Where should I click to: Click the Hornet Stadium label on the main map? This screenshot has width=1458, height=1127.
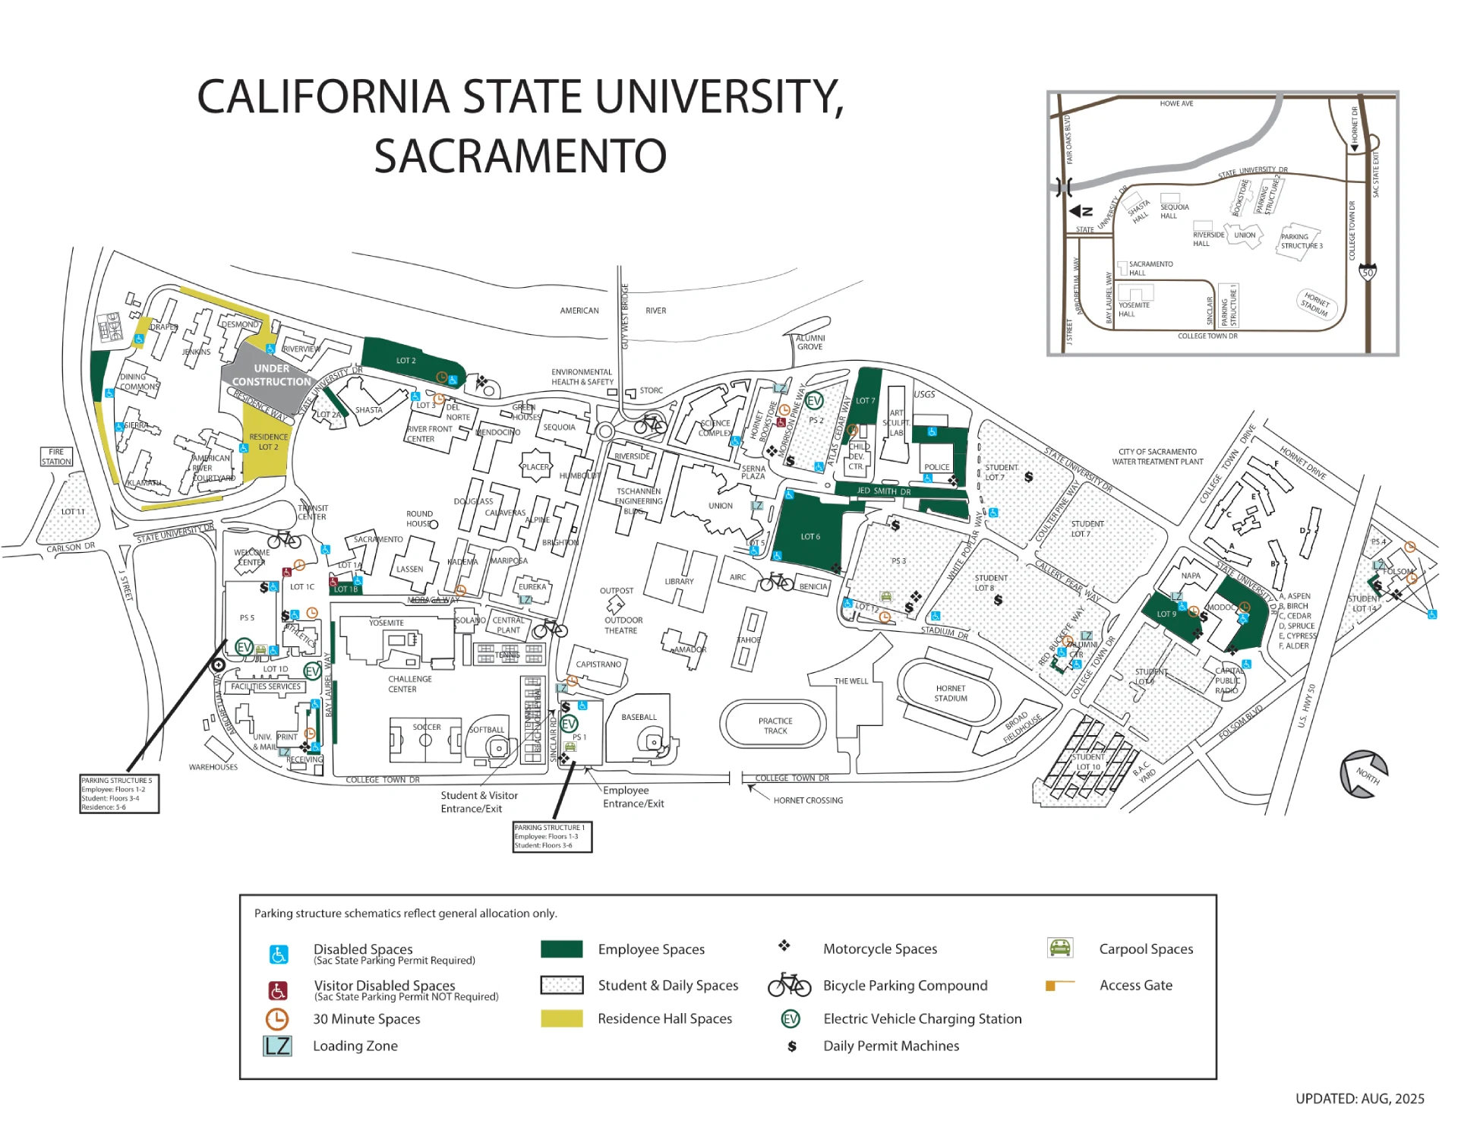coord(950,693)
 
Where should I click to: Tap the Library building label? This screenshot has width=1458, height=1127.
coord(679,582)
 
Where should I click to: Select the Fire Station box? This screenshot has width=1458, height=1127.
coord(56,456)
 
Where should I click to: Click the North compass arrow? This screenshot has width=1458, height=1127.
coord(1364,774)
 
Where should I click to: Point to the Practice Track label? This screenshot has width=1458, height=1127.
coord(775,726)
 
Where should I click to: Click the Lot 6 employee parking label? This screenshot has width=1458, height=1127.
coord(809,537)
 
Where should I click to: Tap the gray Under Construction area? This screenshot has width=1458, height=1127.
coord(270,375)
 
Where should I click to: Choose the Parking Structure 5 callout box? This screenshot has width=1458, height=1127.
coord(119,794)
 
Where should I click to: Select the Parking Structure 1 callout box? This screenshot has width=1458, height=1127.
coord(552,836)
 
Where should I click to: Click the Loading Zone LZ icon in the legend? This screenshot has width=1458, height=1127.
coord(277,1046)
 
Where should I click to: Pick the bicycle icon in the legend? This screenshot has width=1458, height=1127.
coord(789,985)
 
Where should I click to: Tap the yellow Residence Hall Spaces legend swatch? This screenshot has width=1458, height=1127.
coord(561,1018)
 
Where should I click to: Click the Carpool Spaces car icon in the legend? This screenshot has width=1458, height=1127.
coord(1059,948)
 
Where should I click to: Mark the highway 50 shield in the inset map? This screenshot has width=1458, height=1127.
coord(1368,273)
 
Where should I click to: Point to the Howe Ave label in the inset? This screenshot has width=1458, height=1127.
coord(1176,104)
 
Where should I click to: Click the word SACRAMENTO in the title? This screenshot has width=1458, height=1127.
coord(520,156)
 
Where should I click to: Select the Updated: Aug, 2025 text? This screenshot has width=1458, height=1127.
coord(1359,1099)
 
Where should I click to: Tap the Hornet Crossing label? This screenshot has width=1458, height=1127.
coord(808,800)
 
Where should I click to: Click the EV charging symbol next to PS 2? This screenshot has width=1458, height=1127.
coord(814,401)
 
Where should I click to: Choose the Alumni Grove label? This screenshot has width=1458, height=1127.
coord(809,343)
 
